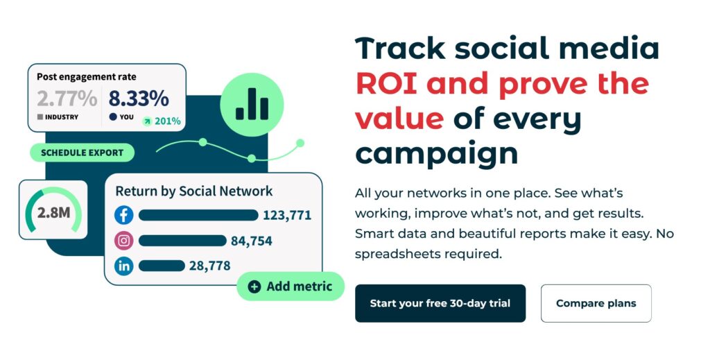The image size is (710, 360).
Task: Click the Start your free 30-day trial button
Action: (x=440, y=303)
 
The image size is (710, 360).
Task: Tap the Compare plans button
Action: (x=596, y=303)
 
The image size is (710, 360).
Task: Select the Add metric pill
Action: (x=291, y=286)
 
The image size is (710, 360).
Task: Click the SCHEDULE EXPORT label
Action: (x=82, y=153)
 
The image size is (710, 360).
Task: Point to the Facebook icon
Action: (x=123, y=214)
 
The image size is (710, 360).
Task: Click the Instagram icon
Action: (x=123, y=241)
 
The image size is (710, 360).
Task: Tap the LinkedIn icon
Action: (x=123, y=266)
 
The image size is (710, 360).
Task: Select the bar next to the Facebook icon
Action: (x=198, y=215)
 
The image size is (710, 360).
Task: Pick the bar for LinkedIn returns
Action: (x=162, y=266)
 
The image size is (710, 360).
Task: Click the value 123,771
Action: (x=287, y=215)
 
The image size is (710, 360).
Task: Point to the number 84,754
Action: (x=251, y=241)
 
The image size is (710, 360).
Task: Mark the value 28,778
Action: (x=209, y=266)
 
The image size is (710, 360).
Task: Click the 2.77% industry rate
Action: (x=67, y=98)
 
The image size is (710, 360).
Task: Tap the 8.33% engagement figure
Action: (x=139, y=98)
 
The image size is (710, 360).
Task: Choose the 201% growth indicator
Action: (x=162, y=121)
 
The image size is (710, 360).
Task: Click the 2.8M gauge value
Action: (x=54, y=212)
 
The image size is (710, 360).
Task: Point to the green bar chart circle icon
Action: (x=252, y=105)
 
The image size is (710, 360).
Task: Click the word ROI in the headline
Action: (x=386, y=83)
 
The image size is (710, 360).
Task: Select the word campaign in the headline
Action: (x=437, y=153)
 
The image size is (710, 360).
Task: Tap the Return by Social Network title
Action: (x=194, y=191)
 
